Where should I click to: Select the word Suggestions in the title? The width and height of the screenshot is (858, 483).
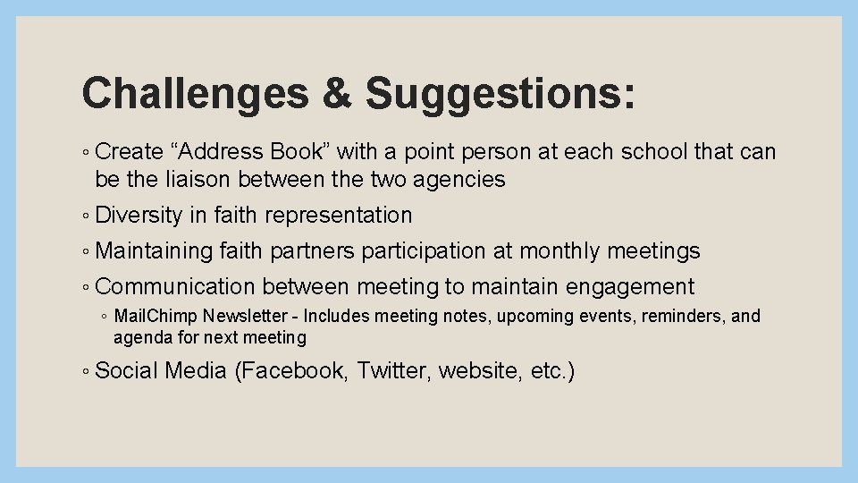501,93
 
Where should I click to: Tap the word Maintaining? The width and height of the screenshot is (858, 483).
154,251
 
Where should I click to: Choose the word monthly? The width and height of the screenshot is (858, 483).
560,251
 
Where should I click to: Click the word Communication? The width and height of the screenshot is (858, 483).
175,287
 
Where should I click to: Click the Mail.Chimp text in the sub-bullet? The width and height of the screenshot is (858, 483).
156,317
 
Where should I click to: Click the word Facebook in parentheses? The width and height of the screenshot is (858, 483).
291,370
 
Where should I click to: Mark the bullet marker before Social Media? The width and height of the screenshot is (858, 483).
85,371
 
